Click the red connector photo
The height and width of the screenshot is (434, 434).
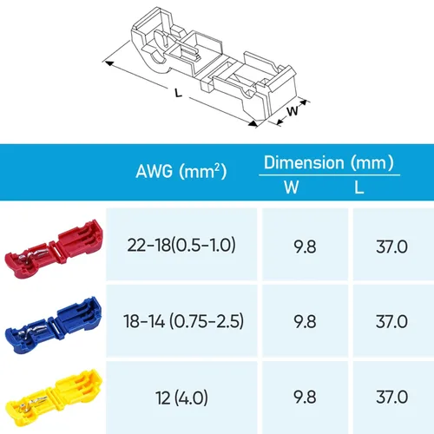pos(54,249)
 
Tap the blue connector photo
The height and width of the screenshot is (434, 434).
pos(54,325)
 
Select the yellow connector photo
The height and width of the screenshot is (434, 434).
pos(54,400)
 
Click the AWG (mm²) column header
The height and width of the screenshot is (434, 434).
pos(181,171)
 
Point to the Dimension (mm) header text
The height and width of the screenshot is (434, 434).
pos(329,162)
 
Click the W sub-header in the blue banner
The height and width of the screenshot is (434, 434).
pos(292,187)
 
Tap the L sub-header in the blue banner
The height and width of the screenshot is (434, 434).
pos(358,187)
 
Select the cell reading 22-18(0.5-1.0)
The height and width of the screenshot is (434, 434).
pos(181,245)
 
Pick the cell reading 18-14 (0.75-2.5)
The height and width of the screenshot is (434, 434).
pos(183,321)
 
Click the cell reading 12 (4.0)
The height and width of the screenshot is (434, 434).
pos(181,398)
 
